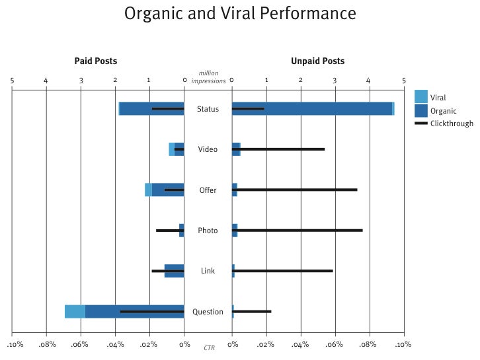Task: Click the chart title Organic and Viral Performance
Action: click(240, 13)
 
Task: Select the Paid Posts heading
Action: click(95, 61)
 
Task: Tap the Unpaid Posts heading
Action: click(317, 61)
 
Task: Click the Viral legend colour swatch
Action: click(420, 96)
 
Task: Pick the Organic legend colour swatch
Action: click(420, 110)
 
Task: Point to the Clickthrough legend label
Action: click(452, 124)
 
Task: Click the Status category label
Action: click(208, 109)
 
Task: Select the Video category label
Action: click(208, 149)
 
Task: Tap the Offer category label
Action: click(208, 190)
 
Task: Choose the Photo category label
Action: click(208, 231)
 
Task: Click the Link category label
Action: click(208, 271)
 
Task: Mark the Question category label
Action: click(208, 312)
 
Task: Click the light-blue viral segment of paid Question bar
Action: click(75, 312)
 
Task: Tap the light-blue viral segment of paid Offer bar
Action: click(148, 190)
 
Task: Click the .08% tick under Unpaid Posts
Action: click(368, 344)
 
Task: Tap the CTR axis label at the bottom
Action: click(209, 347)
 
